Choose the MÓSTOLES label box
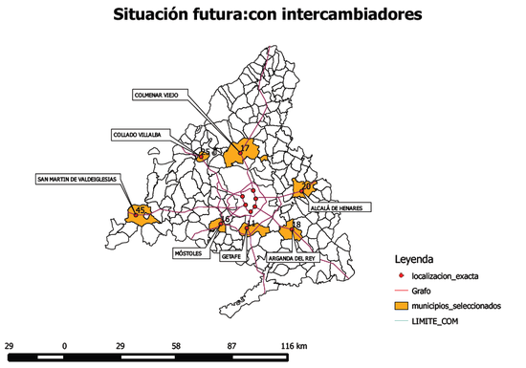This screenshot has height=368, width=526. click(187, 253)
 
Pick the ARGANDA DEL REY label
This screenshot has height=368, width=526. click(293, 258)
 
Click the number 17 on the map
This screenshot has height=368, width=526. click(245, 148)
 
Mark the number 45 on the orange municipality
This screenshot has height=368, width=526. click(140, 209)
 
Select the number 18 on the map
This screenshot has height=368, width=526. click(296, 226)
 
